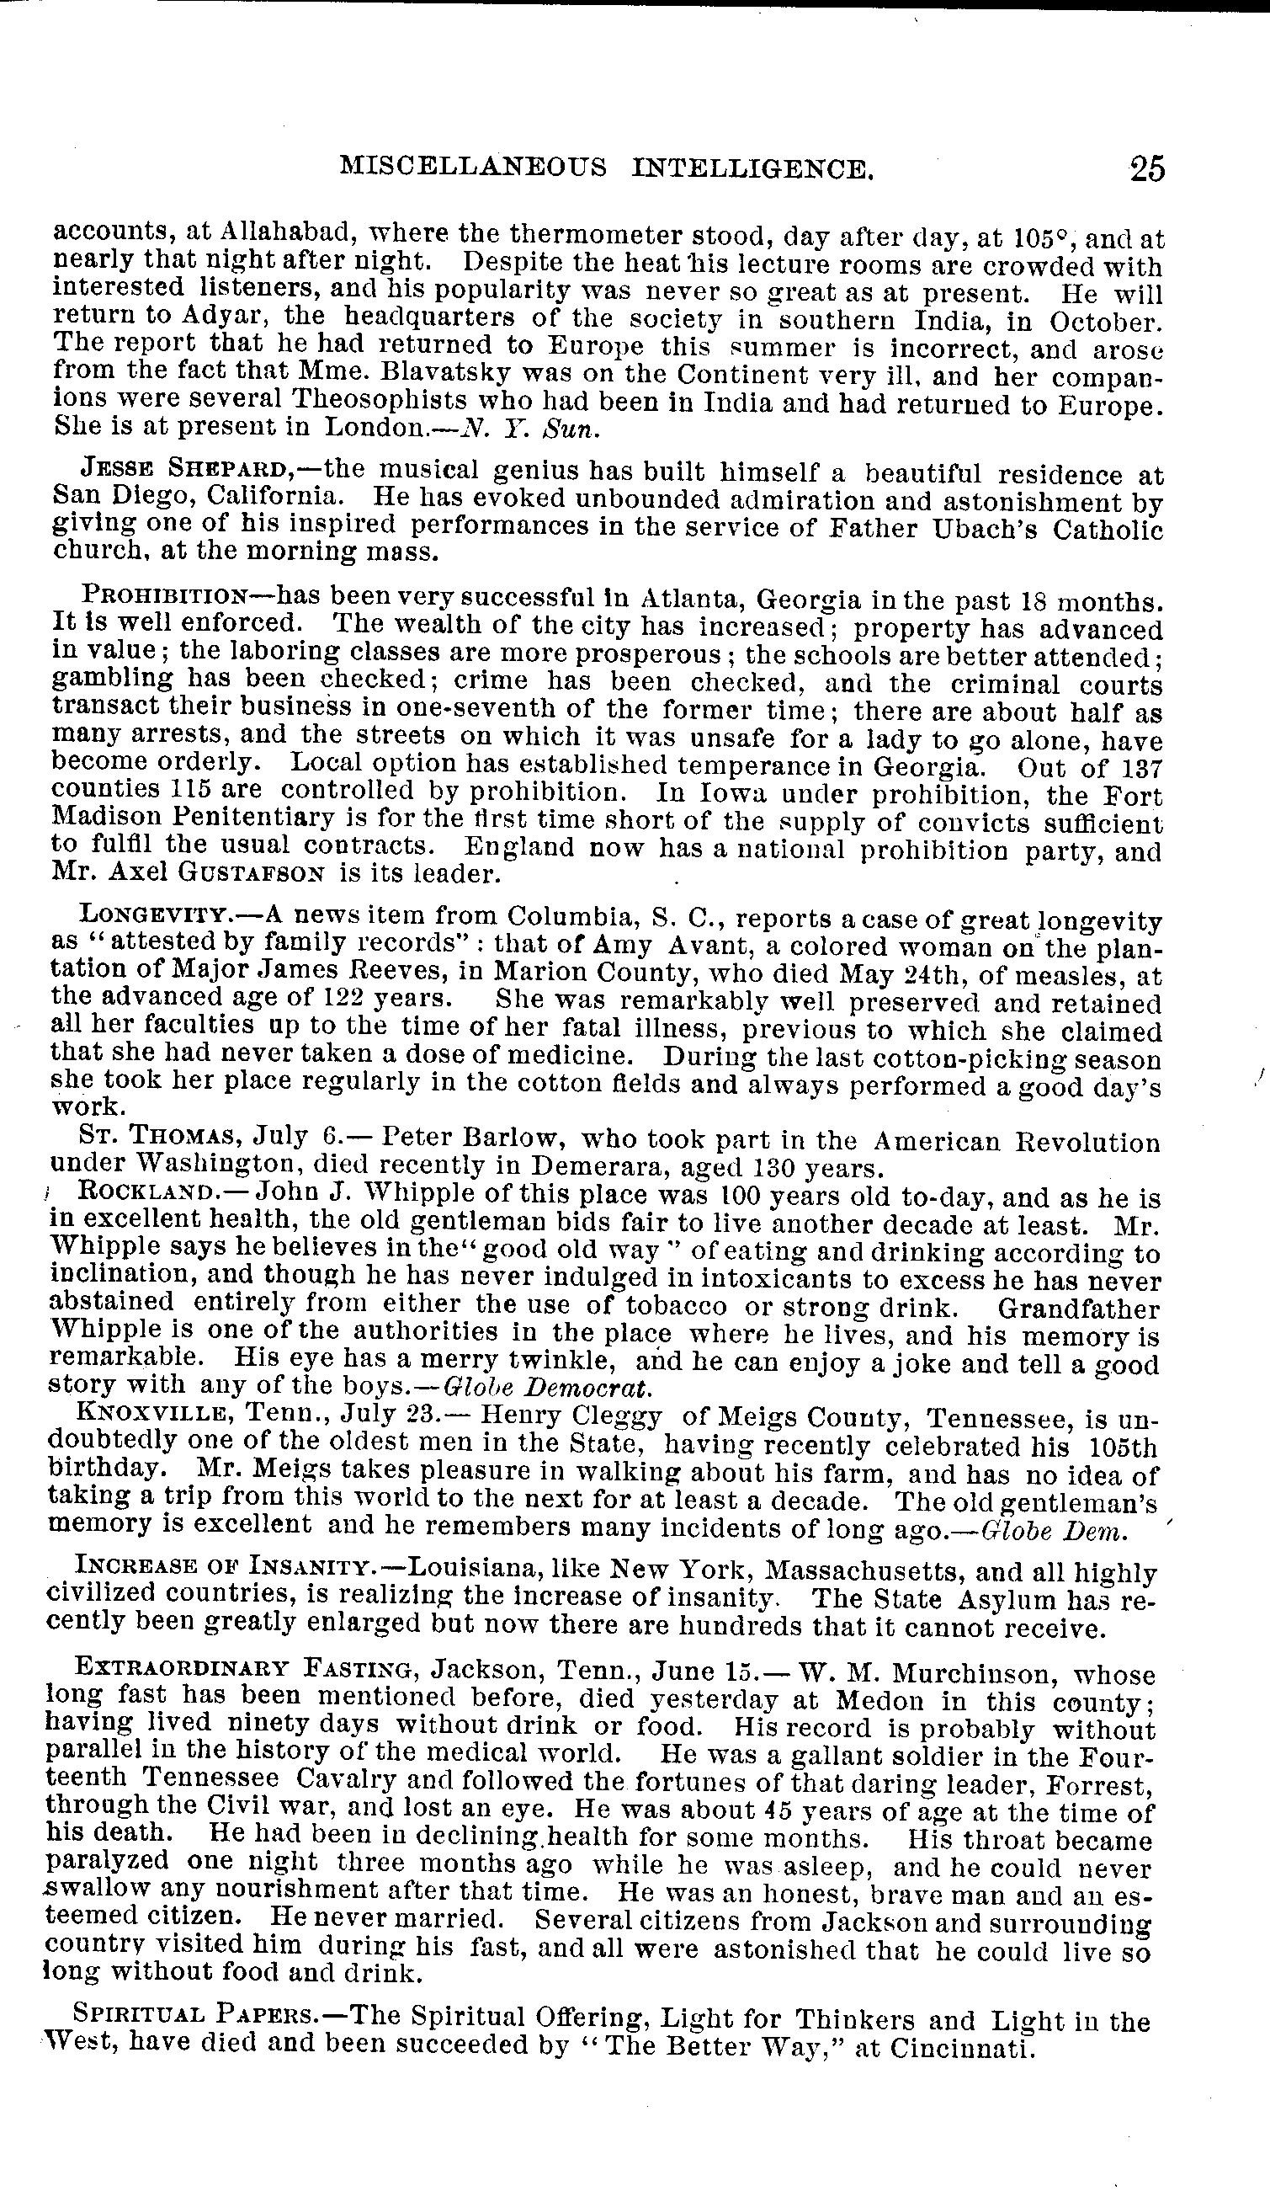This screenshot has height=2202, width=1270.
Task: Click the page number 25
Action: (1146, 168)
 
